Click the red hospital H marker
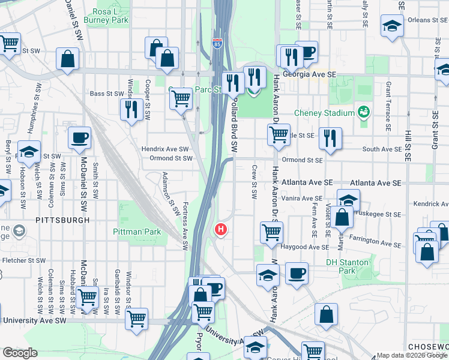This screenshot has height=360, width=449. pos(221,229)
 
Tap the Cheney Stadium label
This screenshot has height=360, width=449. pos(324,113)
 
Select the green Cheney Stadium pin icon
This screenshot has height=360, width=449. pos(363,112)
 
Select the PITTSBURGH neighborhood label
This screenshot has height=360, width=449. pos(62,220)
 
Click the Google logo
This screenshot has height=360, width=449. pos(19,353)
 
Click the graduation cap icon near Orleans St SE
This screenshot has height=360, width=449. pos(392,26)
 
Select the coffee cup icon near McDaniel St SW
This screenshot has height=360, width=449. pos(79,139)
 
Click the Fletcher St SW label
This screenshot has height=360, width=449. pos(24,260)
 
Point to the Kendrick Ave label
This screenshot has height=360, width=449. pos(430,205)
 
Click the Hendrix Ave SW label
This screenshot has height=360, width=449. pos(165,149)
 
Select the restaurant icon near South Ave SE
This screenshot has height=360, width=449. pos(330,139)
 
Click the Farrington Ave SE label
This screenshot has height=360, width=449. pos(375,242)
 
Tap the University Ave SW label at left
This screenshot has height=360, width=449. pos(34,320)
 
